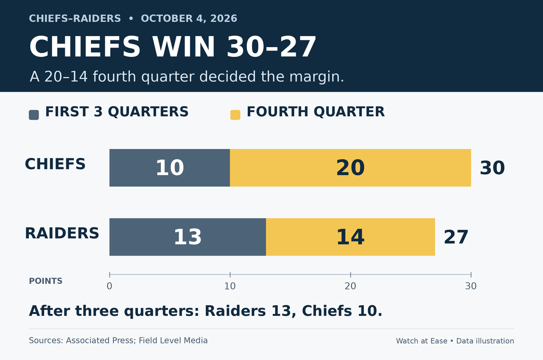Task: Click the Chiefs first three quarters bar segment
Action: [x=170, y=168]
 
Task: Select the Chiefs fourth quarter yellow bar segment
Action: [x=350, y=168]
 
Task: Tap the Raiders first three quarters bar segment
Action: [x=188, y=237]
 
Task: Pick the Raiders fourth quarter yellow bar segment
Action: [x=350, y=237]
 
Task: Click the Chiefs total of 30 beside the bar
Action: [x=493, y=168]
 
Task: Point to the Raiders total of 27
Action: [x=456, y=237]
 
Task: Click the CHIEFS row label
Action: [x=55, y=164]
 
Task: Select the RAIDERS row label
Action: [x=62, y=233]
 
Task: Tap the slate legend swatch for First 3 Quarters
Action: [x=34, y=115]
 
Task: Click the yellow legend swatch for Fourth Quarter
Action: [x=235, y=115]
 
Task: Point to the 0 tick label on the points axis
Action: [x=109, y=286]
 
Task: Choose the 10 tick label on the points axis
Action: [x=230, y=286]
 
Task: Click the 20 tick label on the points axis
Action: [x=350, y=286]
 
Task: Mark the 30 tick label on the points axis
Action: [x=471, y=286]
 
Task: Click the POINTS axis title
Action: [x=45, y=281]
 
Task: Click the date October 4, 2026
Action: [x=189, y=19]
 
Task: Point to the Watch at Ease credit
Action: [x=422, y=341]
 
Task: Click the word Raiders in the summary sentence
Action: [x=235, y=311]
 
